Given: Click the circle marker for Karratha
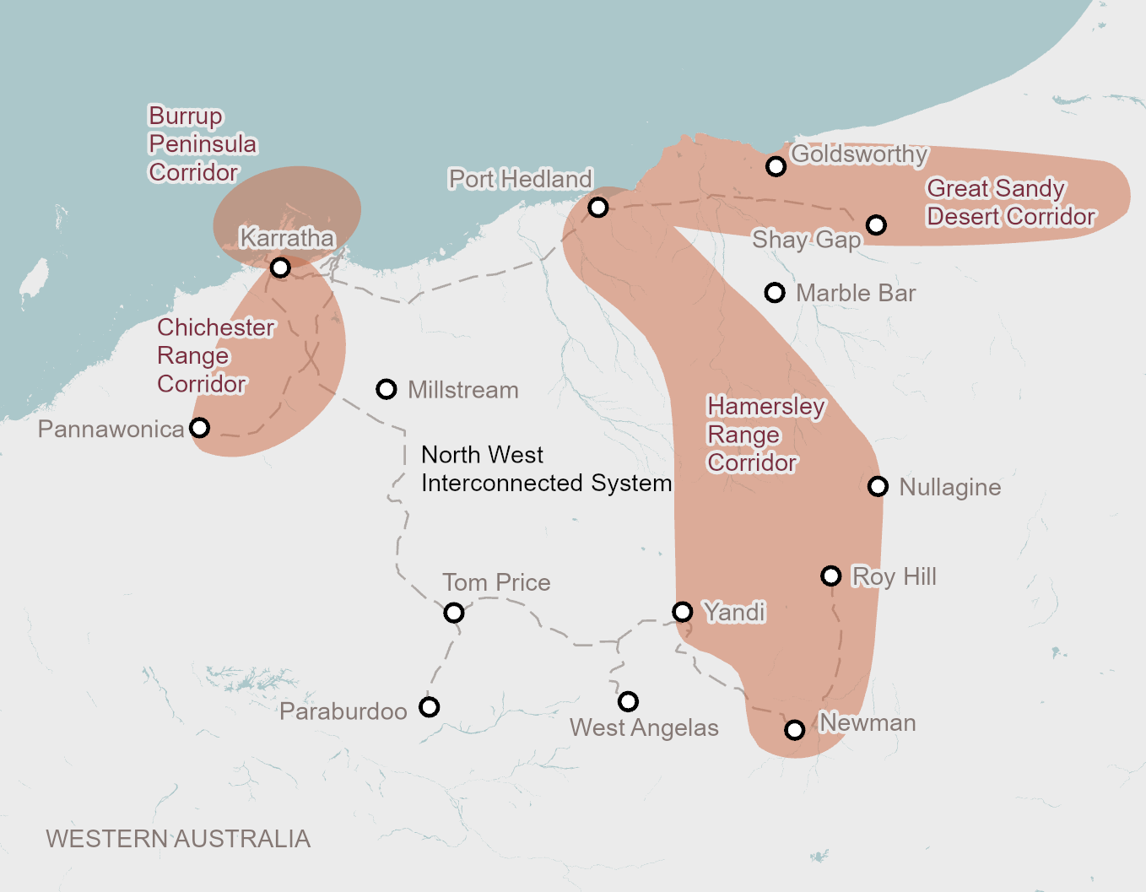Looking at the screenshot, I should click(280, 268).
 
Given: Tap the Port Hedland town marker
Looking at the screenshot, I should click(597, 207).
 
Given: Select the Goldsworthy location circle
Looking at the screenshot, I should click(776, 166).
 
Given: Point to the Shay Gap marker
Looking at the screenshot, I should click(876, 224).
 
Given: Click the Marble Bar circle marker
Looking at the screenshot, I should click(775, 292).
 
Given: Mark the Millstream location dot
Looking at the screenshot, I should click(387, 389).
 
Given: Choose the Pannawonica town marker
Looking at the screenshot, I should click(200, 427).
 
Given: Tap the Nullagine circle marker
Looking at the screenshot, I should click(878, 486).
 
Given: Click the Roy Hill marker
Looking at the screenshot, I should click(831, 576).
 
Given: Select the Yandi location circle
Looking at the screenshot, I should click(683, 611).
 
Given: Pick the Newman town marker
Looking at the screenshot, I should click(794, 729).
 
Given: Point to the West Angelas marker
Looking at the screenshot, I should click(628, 701).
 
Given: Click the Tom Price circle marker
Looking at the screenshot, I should click(454, 613).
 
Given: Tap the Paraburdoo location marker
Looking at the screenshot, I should click(430, 706).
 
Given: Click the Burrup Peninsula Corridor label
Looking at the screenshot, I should click(203, 144).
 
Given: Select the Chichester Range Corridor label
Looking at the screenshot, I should click(215, 355).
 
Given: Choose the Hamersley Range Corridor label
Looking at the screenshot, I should click(765, 435).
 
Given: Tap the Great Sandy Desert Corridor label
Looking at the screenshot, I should click(1010, 203).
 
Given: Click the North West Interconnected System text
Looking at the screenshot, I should click(546, 469).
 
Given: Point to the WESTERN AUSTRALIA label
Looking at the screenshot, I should click(178, 839).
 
